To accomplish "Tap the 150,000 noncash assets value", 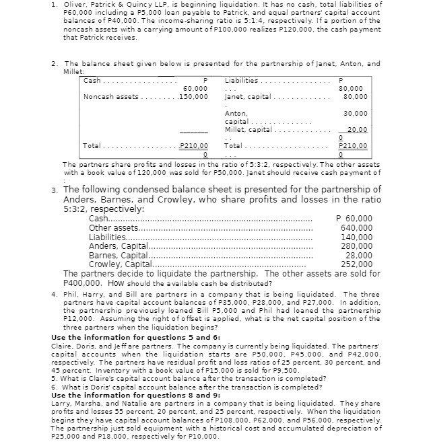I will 193,96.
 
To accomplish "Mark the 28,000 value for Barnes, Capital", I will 358,255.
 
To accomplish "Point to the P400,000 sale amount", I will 84,283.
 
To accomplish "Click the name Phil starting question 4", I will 68,294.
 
